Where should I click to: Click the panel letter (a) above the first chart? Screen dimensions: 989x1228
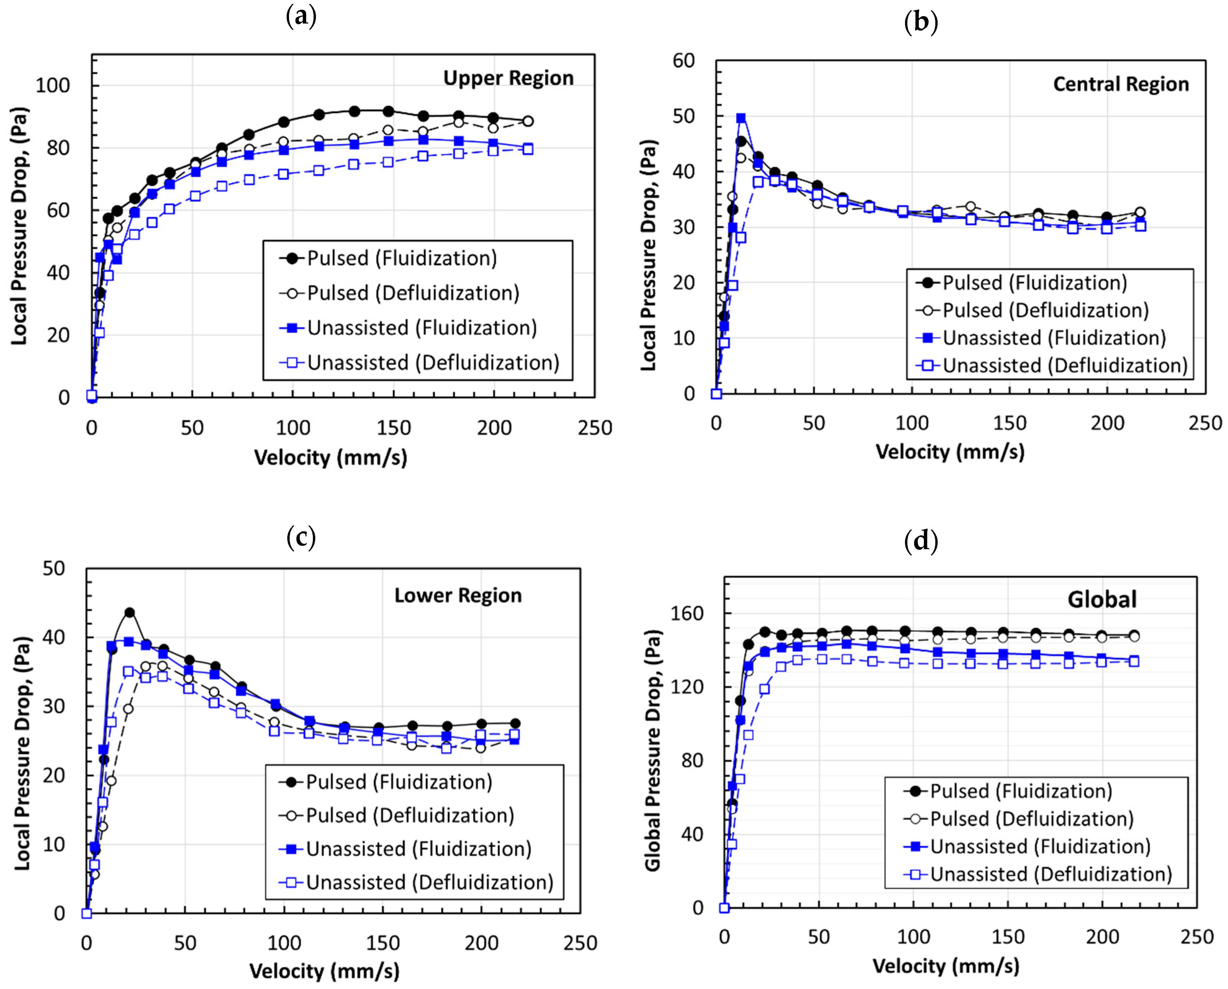coord(300,17)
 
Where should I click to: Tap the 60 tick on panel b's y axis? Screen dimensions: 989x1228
coord(683,61)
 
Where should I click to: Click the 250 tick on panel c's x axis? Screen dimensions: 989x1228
coord(580,943)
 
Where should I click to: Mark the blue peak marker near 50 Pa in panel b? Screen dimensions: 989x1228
coord(741,118)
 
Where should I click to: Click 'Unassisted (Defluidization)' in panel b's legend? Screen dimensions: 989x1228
coord(1064,365)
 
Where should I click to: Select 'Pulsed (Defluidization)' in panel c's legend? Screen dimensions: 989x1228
coord(410,815)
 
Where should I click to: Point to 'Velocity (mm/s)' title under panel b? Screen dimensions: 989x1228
coord(950,452)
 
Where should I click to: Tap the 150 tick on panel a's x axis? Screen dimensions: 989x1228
coord(393,428)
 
